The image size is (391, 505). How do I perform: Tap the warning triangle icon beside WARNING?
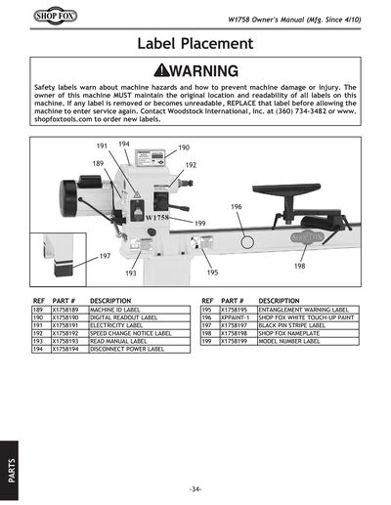pos(152,71)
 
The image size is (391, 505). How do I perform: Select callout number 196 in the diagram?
pos(237,207)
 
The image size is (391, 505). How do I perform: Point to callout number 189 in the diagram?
pos(99,163)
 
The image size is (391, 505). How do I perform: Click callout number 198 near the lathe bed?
pos(299,266)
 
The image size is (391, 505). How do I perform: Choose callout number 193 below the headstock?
pos(130,273)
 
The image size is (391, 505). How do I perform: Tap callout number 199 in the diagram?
pos(199,224)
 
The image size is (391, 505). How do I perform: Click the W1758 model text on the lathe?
pos(157,218)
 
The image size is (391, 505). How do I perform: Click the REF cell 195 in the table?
pos(207,309)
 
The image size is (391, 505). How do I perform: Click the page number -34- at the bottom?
pos(195,487)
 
